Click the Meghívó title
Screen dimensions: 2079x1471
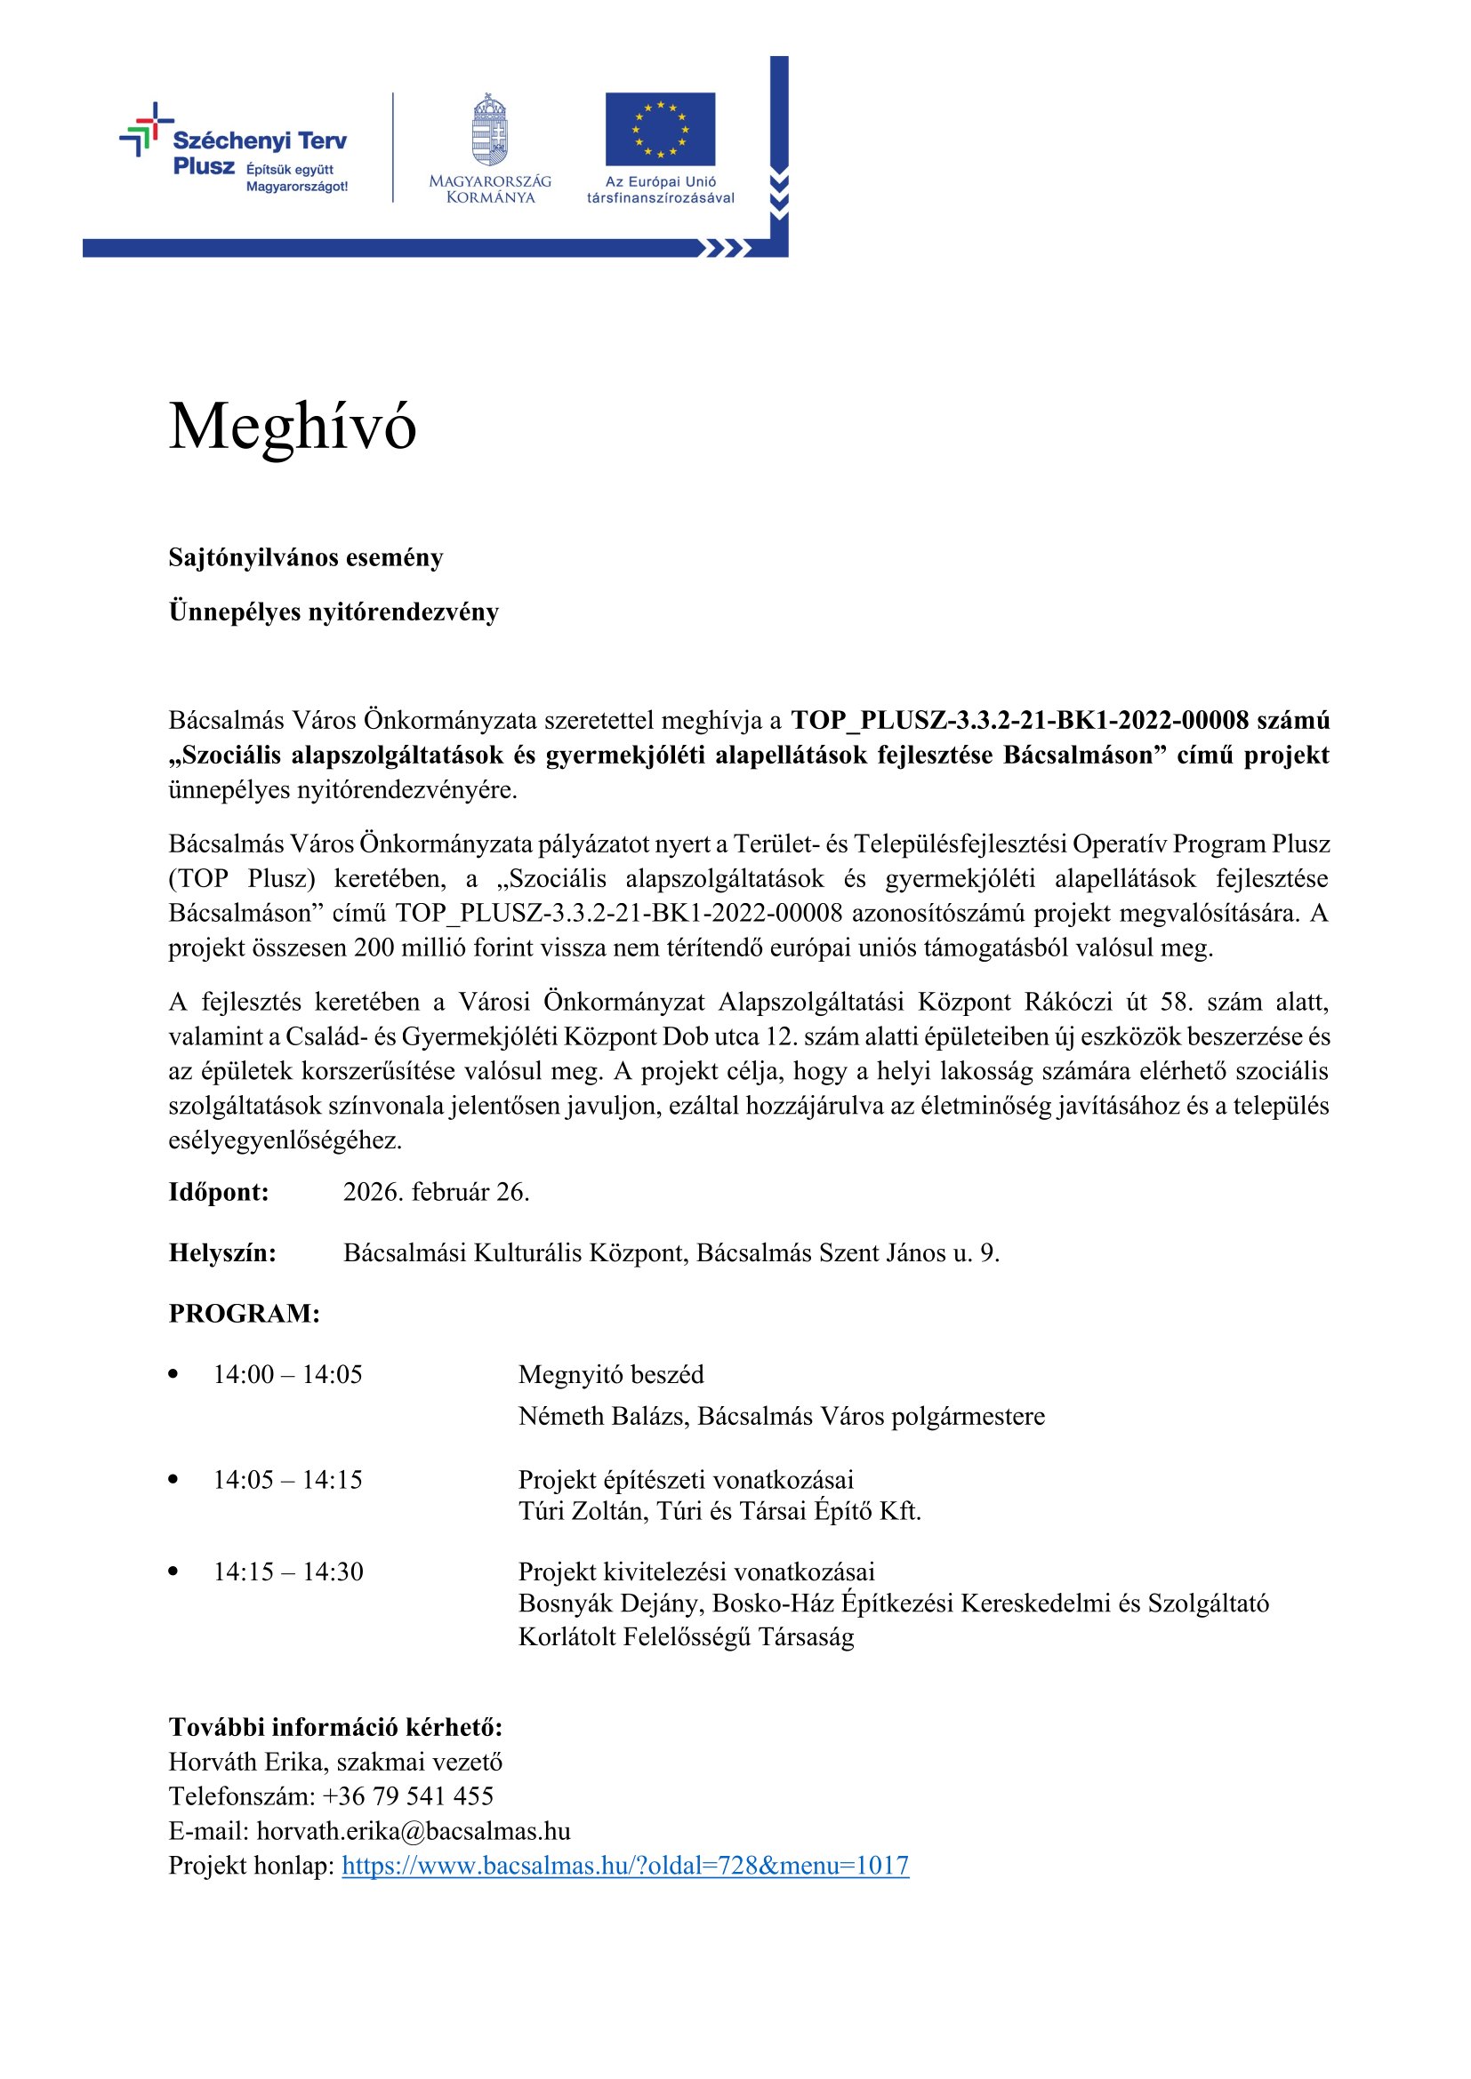tap(292, 427)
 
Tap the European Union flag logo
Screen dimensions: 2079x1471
tap(659, 129)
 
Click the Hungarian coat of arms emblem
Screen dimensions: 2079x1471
tap(489, 130)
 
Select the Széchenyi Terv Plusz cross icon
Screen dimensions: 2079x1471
tap(146, 129)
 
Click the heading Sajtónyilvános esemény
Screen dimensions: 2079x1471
tap(305, 558)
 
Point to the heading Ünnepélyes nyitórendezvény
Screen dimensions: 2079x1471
tap(334, 612)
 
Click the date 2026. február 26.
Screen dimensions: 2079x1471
tap(436, 1192)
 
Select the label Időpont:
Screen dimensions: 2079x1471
tap(218, 1192)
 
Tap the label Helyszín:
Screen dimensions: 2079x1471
tap(222, 1253)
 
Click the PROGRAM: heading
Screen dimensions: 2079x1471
tap(244, 1314)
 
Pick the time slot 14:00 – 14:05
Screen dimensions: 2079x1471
tap(287, 1374)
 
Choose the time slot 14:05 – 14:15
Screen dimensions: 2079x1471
tap(287, 1480)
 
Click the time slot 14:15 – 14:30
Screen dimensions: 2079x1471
tap(288, 1572)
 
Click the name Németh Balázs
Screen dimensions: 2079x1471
tap(600, 1416)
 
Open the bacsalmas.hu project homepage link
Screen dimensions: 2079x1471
tap(625, 1866)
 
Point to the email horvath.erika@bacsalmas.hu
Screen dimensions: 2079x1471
tap(413, 1831)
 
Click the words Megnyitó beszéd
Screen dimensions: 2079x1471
tap(610, 1374)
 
